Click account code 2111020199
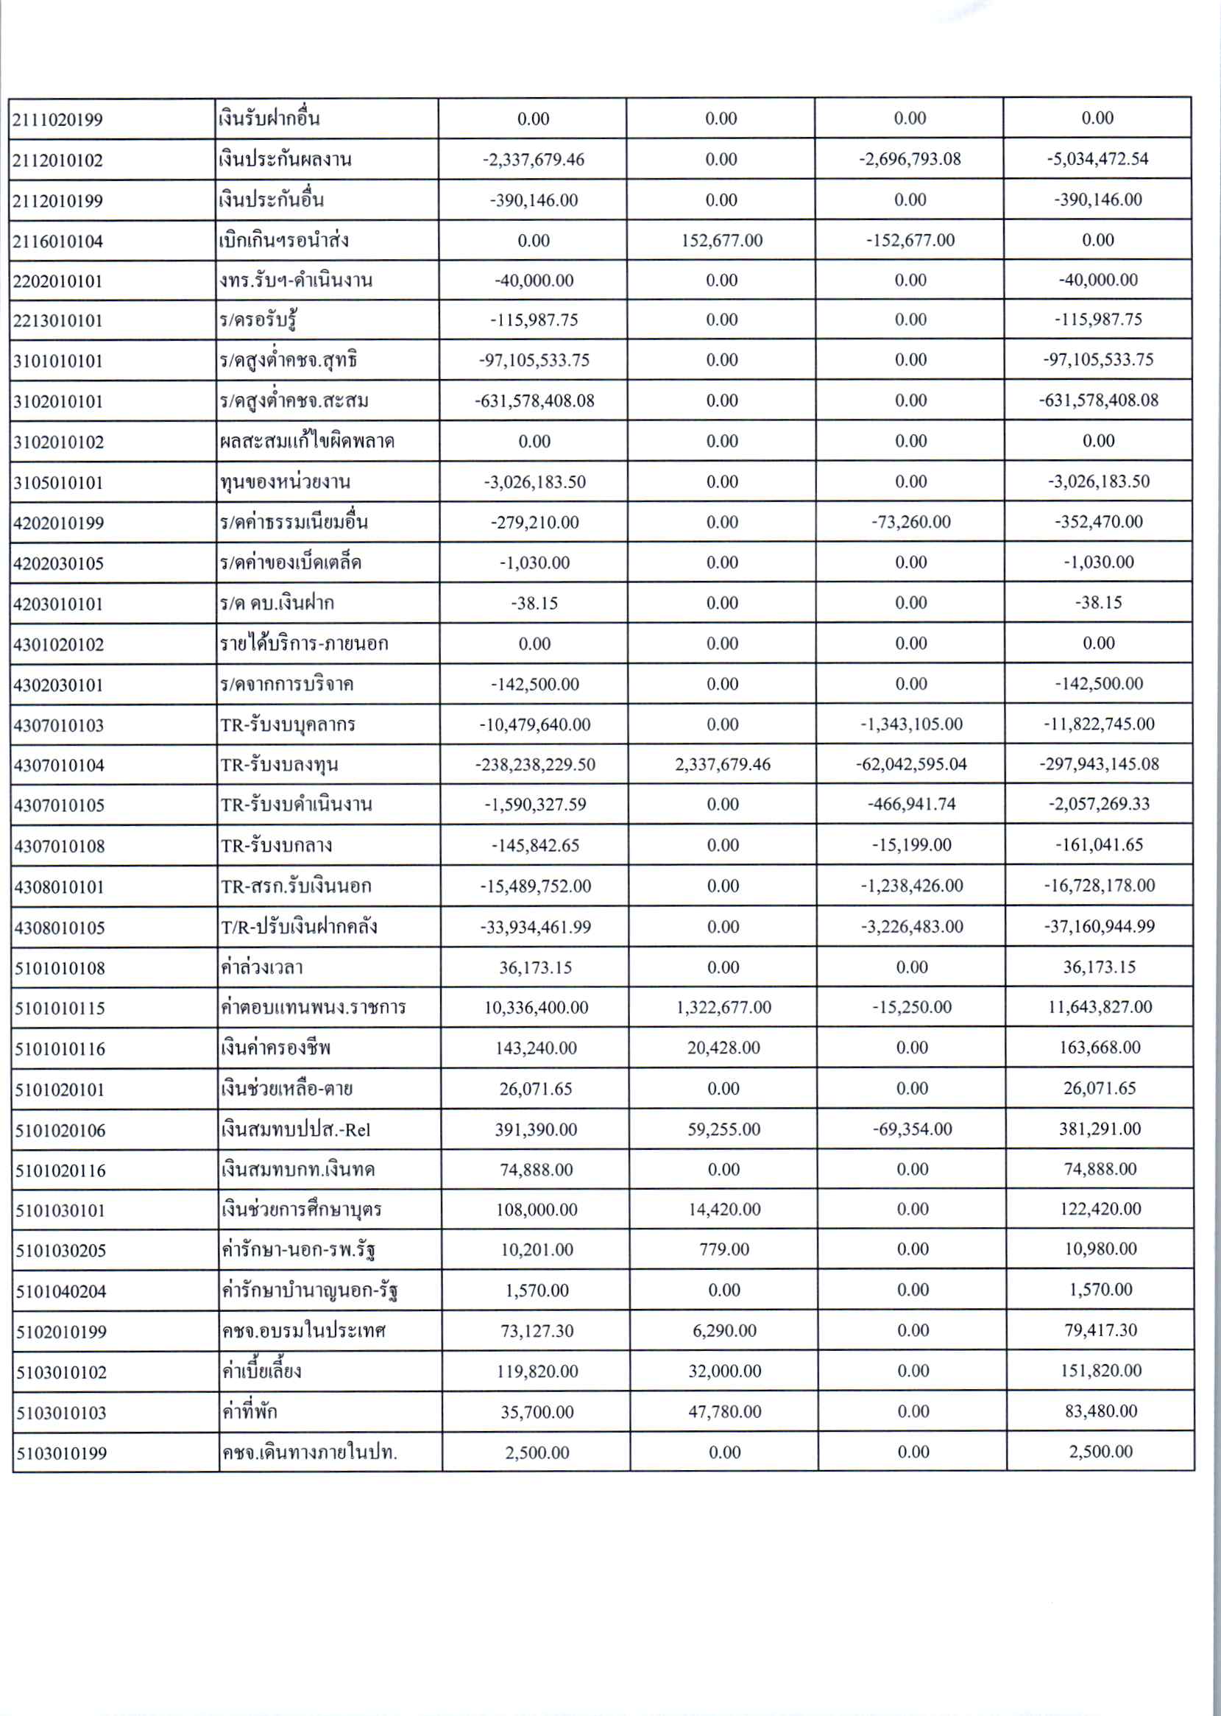coord(58,119)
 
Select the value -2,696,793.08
coord(910,160)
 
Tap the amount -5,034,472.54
coord(1097,160)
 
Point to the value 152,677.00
coord(721,241)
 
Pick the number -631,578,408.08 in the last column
coord(1097,400)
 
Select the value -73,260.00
coord(910,522)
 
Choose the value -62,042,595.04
coord(911,765)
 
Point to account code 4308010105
coord(60,928)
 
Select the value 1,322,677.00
coord(723,1008)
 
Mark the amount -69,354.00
coord(912,1129)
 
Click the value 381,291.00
coord(1100,1129)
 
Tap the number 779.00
coord(724,1250)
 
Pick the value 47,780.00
coord(724,1412)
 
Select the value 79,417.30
coord(1100,1330)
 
